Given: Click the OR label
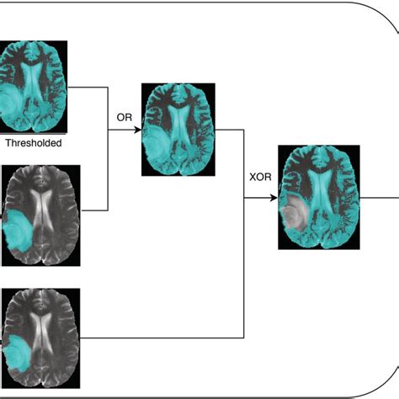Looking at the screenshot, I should pyautogui.click(x=123, y=120).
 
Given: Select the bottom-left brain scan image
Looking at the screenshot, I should pyautogui.click(x=41, y=332).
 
